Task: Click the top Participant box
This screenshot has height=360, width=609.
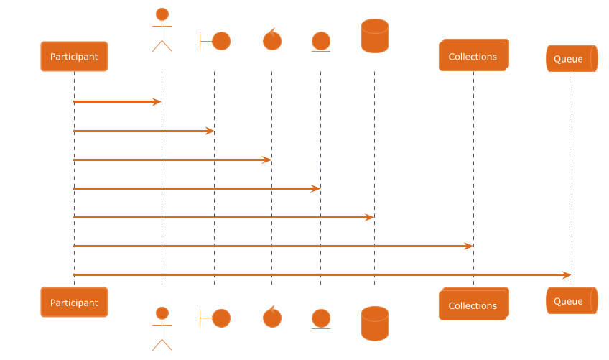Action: tap(74, 56)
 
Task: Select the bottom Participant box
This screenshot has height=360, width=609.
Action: tap(74, 303)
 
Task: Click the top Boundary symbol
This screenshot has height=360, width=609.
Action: tap(215, 41)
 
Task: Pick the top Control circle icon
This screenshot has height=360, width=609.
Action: tap(271, 40)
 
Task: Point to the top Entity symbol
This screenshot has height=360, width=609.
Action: tap(320, 42)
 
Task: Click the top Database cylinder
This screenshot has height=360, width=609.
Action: tap(374, 36)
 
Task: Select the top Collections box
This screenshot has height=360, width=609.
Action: tap(473, 56)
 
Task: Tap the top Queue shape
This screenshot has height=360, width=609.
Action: tap(571, 58)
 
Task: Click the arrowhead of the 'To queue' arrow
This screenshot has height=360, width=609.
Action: tap(567, 274)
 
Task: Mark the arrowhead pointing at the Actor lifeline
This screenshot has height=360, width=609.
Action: tap(157, 102)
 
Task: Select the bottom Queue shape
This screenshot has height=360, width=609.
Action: tap(571, 301)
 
